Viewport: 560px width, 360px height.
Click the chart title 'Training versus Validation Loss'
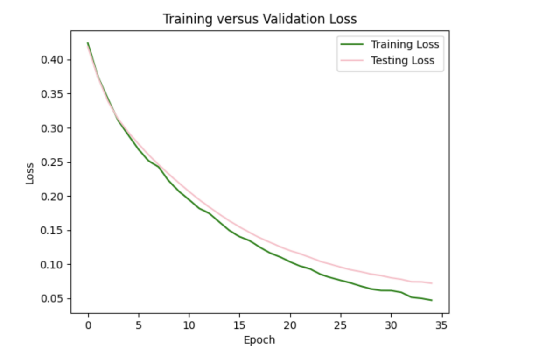point(259,19)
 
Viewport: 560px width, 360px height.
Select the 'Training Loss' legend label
point(405,45)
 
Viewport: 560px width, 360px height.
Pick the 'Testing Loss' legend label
point(402,61)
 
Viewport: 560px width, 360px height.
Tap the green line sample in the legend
point(352,45)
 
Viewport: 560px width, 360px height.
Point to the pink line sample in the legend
point(352,61)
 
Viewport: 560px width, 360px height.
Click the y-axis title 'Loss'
point(30,173)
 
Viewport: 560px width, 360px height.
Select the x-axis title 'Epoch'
point(259,340)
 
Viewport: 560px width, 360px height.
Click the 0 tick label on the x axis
point(88,325)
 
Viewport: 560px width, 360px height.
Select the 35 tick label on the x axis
point(441,325)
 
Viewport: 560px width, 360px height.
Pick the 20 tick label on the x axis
point(290,325)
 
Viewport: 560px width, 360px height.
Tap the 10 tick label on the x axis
point(189,325)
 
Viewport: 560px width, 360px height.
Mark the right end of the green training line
point(432,300)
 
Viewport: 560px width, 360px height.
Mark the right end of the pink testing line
point(432,283)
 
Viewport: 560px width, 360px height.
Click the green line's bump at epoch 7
point(159,167)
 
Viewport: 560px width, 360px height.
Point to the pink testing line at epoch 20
point(290,251)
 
